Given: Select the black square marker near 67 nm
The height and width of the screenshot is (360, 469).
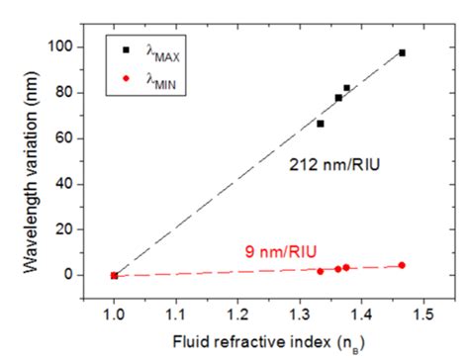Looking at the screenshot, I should coord(320,124).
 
